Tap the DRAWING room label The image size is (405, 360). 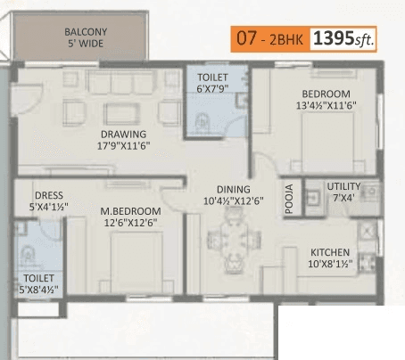[x=123, y=135]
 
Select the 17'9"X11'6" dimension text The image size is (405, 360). [x=123, y=148]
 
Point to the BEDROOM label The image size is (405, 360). [x=325, y=94]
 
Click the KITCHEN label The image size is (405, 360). [x=330, y=252]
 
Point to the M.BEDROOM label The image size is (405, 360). [x=130, y=210]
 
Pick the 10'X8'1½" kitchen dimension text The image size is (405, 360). [x=330, y=265]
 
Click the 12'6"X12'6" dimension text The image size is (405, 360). [x=130, y=223]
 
